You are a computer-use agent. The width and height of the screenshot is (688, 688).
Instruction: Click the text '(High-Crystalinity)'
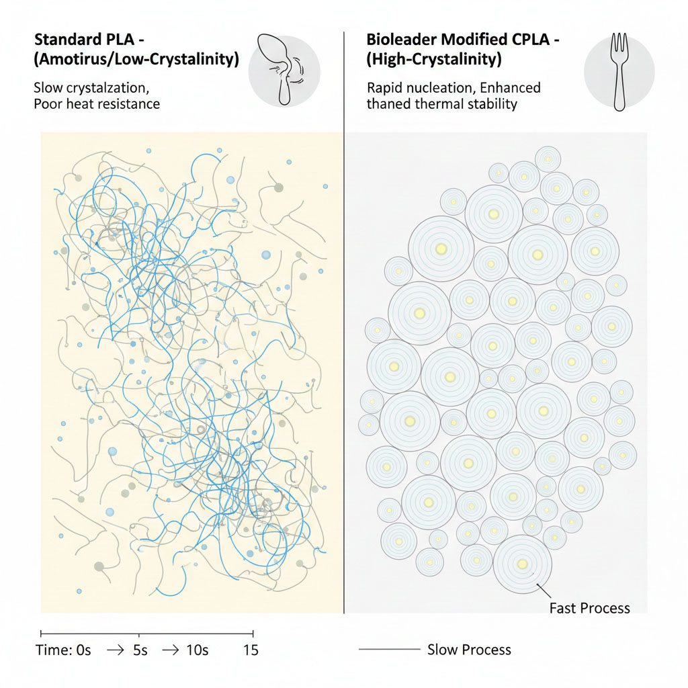(434, 59)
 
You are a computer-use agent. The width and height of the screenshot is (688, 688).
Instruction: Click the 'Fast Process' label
(589, 608)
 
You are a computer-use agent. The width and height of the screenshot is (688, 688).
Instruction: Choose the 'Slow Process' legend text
(469, 650)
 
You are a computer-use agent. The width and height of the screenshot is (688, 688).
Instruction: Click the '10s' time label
(196, 650)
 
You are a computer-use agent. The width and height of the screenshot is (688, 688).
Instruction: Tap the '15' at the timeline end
(250, 650)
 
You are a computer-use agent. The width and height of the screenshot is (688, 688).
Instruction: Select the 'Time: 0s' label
(63, 650)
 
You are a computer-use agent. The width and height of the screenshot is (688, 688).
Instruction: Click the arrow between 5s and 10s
(171, 650)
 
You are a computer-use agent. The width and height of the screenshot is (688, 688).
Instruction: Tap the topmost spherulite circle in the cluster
(548, 159)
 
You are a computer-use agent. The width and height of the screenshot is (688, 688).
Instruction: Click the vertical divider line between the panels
(344, 336)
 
